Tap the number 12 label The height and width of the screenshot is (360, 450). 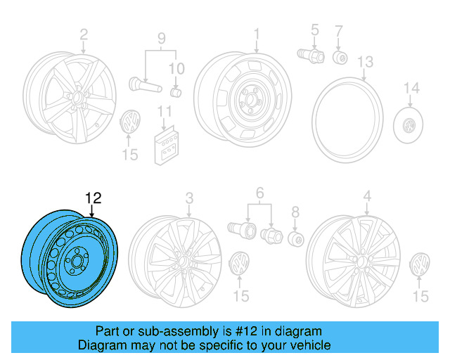pos(94,199)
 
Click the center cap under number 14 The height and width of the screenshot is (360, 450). pos(409,127)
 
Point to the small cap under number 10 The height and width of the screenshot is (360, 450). pos(176,91)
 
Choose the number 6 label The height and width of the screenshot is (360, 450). pos(259,192)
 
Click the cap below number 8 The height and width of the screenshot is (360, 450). pos(295,240)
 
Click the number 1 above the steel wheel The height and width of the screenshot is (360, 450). pos(257,33)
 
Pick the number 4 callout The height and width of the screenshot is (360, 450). pos(367,196)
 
